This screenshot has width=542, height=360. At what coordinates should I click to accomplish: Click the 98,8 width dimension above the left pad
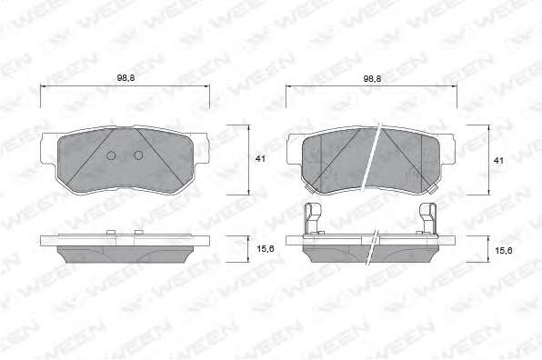[x=125, y=78]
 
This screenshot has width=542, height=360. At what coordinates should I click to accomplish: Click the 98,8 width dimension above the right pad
[x=372, y=78]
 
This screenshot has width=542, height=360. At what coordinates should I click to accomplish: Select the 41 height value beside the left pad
[x=260, y=158]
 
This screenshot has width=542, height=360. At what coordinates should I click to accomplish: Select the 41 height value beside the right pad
[x=498, y=161]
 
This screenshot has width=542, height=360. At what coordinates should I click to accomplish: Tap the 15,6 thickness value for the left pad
[x=266, y=248]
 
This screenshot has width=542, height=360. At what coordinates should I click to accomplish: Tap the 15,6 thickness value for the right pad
[x=504, y=251]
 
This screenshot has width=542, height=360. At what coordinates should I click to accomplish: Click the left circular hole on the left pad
[x=111, y=155]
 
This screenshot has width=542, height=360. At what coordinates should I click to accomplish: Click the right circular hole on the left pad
[x=138, y=155]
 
